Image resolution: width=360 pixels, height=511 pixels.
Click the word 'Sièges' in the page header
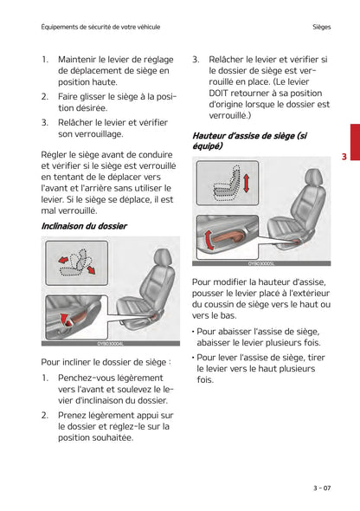click(x=324, y=27)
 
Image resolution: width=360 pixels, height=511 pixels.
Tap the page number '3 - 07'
click(x=321, y=488)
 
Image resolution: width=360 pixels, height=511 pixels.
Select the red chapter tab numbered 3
click(x=344, y=157)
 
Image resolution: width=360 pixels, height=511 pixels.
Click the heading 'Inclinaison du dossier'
click(x=84, y=226)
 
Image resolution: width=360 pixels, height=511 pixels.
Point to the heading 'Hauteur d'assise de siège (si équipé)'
click(x=249, y=141)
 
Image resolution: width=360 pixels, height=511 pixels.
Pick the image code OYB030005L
click(x=260, y=262)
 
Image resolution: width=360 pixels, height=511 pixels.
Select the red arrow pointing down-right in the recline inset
click(x=90, y=270)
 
